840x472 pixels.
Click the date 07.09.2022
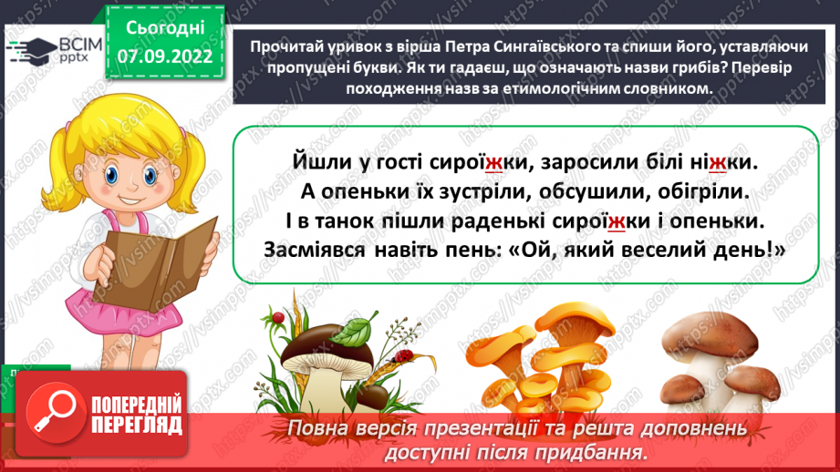pos(165,56)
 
